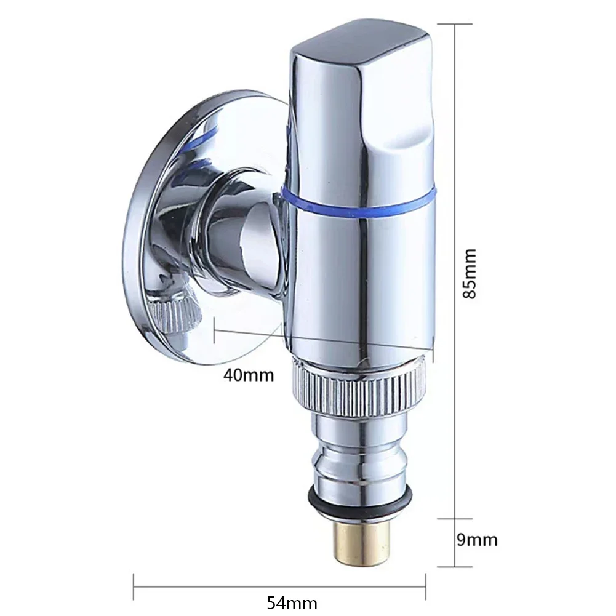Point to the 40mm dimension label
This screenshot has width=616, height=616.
point(249,374)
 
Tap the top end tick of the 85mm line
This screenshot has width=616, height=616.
point(455,24)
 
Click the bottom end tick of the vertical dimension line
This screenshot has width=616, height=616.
point(455,567)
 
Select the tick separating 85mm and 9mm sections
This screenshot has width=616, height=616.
point(455,518)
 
